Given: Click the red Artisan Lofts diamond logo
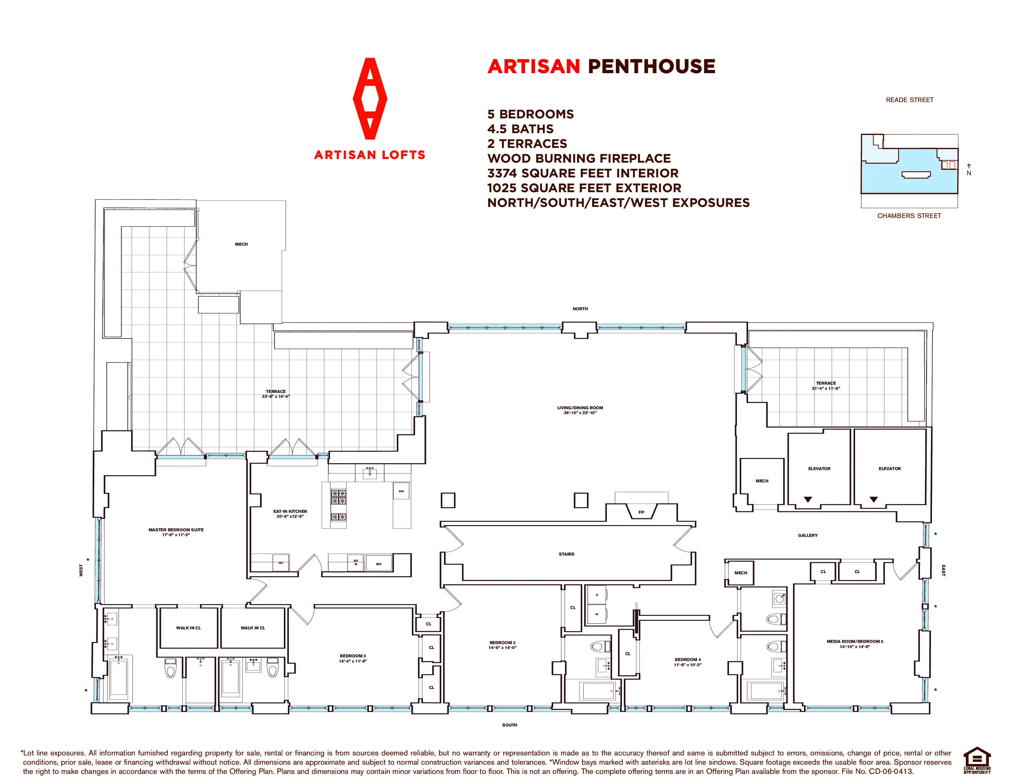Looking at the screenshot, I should pos(370,98).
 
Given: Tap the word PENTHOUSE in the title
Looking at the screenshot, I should pos(651,66).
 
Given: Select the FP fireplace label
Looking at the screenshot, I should pos(641,512).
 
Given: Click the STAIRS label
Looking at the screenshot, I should pos(567,554).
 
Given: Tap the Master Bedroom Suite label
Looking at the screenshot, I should pos(176,532).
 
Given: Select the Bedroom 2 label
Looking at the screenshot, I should pos(353,659).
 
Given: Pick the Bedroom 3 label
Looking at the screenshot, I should pos(502,645).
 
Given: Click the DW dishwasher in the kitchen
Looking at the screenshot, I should pos(401,491).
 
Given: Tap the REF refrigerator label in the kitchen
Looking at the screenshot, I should pos(379,564).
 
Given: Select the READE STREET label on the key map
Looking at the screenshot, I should pos(910,100).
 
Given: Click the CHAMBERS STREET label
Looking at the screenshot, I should pos(909,216).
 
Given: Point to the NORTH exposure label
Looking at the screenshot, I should pos(580,309).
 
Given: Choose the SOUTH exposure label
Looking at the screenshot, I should pos(509,725).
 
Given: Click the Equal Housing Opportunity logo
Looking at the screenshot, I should pos(977,760).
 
